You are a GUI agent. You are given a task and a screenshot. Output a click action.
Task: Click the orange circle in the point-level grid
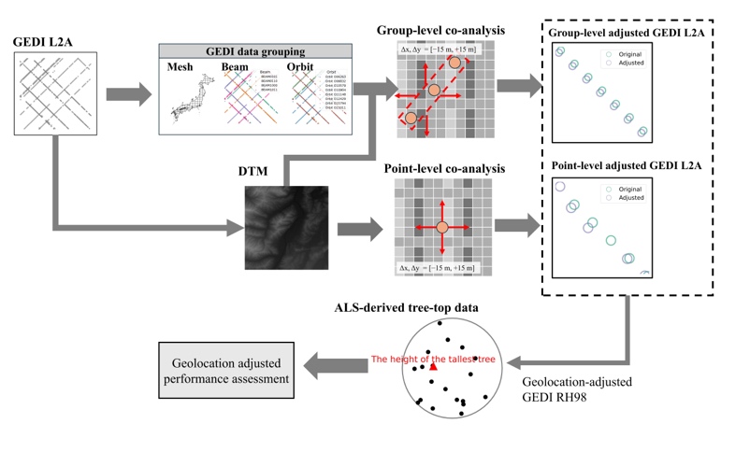click(x=442, y=227)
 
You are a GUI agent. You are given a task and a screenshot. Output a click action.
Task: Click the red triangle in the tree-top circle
click(x=434, y=367)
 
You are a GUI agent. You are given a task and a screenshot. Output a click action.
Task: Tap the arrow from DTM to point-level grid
click(x=359, y=228)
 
